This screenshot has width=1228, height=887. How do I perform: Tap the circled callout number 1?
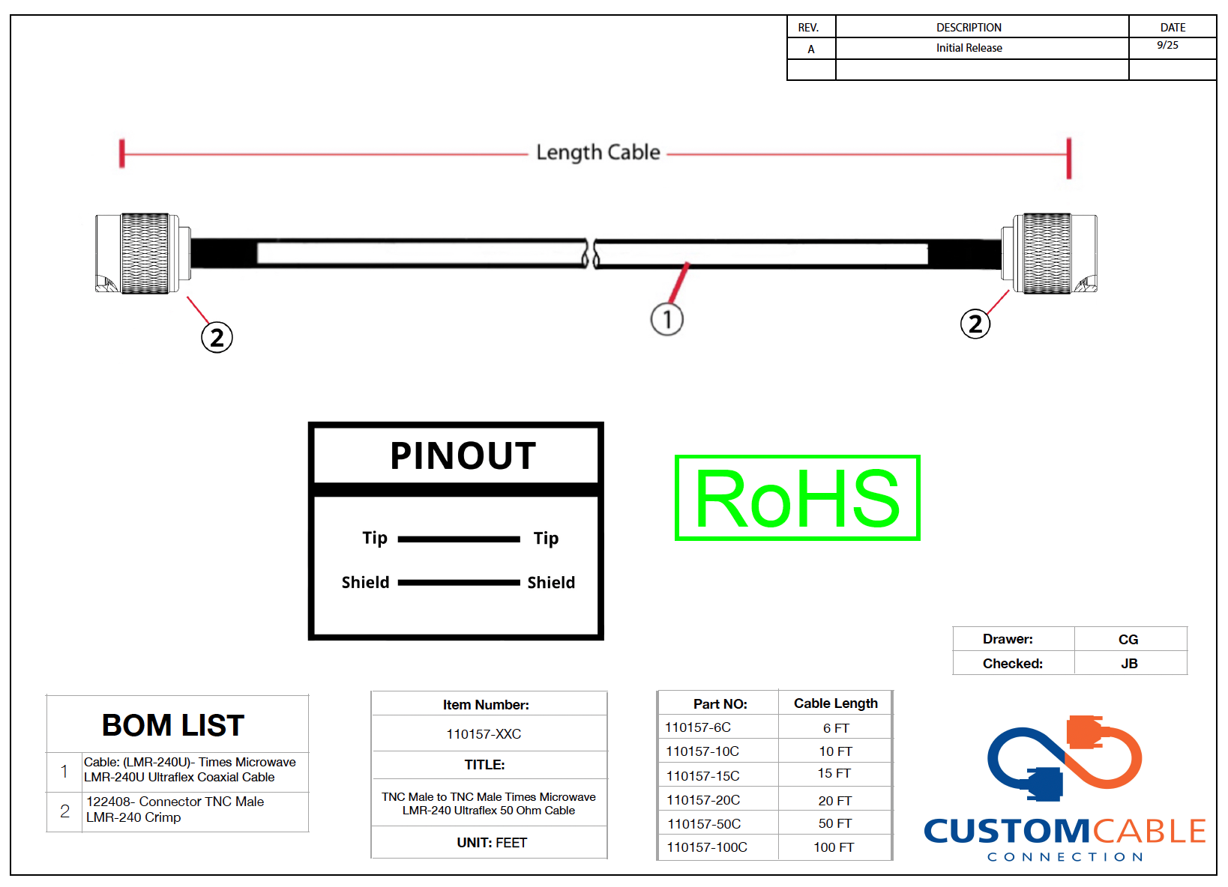tap(666, 319)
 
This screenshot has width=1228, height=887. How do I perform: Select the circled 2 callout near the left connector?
tap(217, 337)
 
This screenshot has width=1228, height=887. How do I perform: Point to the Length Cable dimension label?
tap(598, 153)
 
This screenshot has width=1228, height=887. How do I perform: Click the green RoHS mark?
tap(797, 498)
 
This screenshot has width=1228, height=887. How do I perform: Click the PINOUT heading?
tap(463, 455)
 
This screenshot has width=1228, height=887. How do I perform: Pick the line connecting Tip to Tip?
tap(458, 539)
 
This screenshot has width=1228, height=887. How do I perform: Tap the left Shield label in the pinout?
tap(365, 583)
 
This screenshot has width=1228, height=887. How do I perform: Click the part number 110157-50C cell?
tap(704, 824)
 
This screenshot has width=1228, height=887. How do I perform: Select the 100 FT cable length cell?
tap(834, 847)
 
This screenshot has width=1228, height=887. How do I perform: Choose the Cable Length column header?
tap(835, 703)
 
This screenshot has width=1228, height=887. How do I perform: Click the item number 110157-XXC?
tap(484, 734)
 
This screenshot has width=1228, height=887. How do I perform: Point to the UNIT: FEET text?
tap(492, 843)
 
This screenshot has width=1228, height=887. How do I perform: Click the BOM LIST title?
tap(173, 725)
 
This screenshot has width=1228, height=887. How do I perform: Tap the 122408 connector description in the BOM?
tap(175, 809)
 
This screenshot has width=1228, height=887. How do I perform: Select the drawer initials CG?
tap(1128, 640)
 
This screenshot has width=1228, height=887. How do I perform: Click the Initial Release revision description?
tap(969, 48)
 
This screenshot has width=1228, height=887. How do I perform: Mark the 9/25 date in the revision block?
tap(1167, 46)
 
